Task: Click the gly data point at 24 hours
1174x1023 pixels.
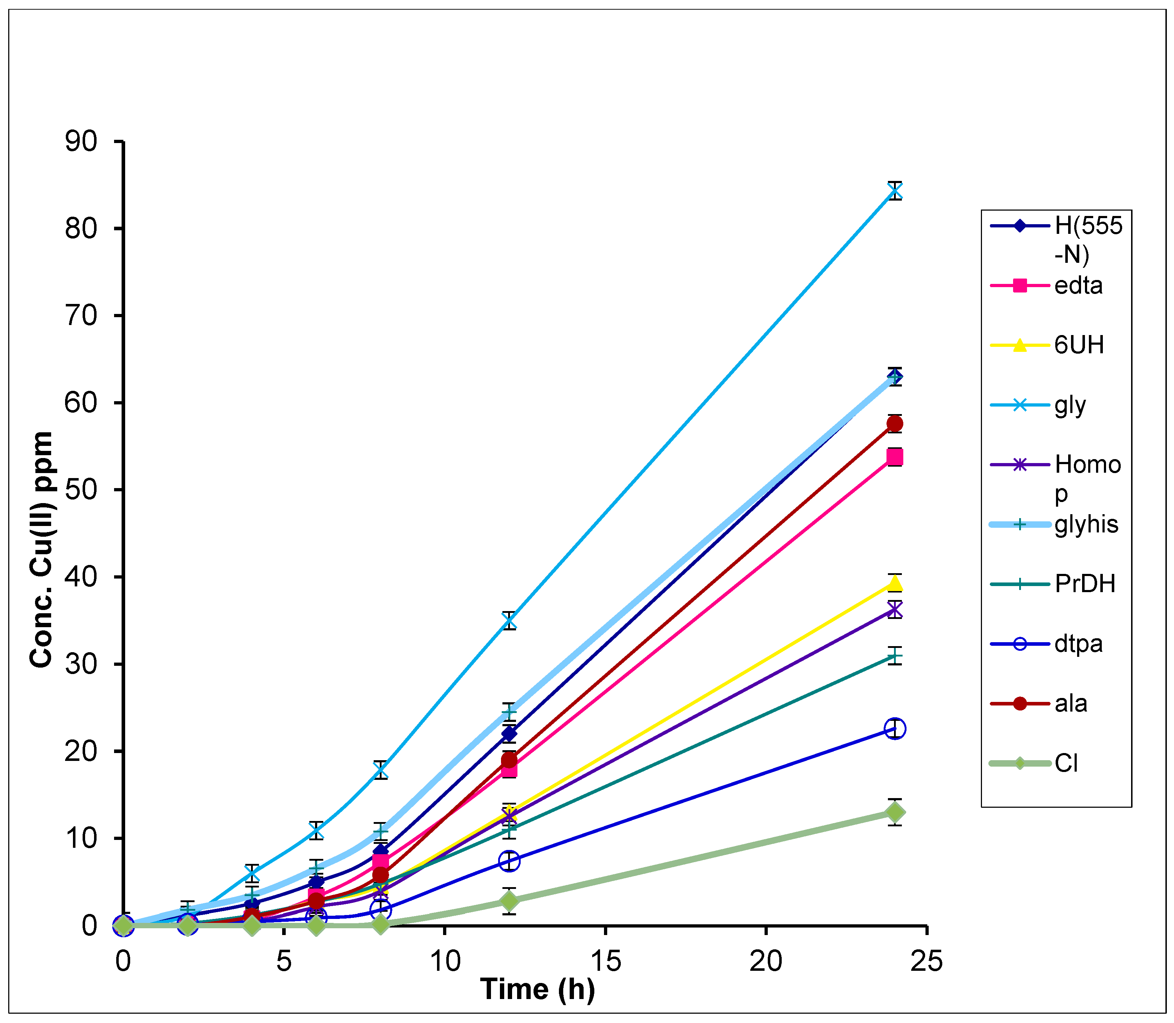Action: [895, 191]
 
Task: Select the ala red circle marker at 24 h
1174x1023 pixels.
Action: [895, 424]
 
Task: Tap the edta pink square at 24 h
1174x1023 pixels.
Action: [895, 457]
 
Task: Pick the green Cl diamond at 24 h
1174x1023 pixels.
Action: [895, 812]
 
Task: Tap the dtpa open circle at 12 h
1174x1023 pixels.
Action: [509, 861]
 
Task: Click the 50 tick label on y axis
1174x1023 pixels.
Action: [81, 490]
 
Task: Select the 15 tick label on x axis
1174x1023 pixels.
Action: [605, 962]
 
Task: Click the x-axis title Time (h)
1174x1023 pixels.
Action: [537, 989]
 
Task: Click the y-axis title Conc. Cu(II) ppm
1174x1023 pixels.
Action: [41, 549]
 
